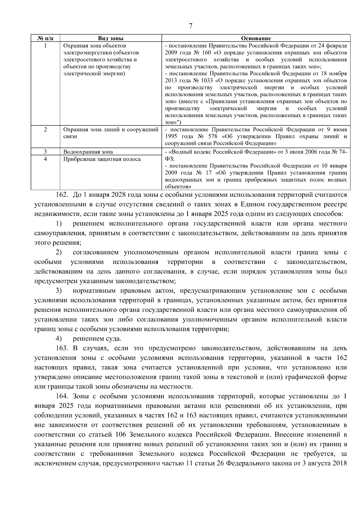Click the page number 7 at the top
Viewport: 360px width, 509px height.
[191, 26]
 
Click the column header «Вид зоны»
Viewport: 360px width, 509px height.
[111, 38]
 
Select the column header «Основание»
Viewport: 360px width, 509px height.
[256, 38]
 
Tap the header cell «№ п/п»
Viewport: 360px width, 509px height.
[45, 38]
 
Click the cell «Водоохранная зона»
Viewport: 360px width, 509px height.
[88, 152]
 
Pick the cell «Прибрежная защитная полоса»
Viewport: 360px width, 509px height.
[102, 159]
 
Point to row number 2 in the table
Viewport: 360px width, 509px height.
[45, 130]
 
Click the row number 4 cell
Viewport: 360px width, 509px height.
[45, 159]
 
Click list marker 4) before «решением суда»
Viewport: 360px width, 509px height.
[58, 339]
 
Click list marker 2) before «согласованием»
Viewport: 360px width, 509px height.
[58, 252]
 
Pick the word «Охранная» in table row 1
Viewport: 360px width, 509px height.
[74, 46]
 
